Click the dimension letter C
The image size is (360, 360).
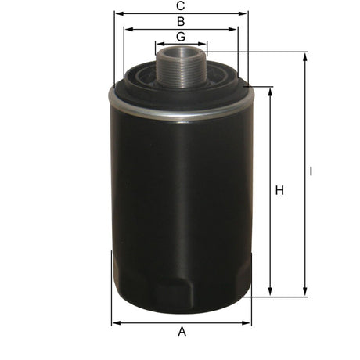pyautogui.click(x=181, y=5)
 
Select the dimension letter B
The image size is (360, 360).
pyautogui.click(x=181, y=21)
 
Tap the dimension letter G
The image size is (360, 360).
pyautogui.click(x=181, y=37)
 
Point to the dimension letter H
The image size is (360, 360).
pyautogui.click(x=279, y=190)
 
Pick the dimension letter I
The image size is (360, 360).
pyautogui.click(x=311, y=171)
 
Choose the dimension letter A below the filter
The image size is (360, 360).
pyautogui.click(x=182, y=332)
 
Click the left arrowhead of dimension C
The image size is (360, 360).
pyautogui.click(x=117, y=13)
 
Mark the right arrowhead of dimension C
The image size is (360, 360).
pyautogui.click(x=244, y=13)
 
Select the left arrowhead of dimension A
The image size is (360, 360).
pyautogui.click(x=114, y=322)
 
